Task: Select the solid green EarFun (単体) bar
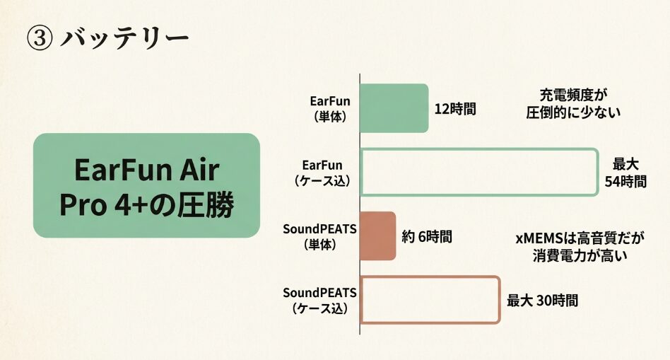[x=394, y=108]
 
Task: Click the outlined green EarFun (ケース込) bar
[x=479, y=172]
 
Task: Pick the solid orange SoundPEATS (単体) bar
[x=377, y=236]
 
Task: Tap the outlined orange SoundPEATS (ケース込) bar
[x=430, y=300]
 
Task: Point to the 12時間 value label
[x=455, y=109]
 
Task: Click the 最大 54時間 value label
[x=625, y=173]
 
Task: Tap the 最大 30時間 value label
[x=542, y=300]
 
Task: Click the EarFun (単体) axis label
[x=330, y=108]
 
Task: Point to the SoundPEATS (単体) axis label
[x=319, y=236]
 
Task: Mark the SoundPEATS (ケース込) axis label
[x=319, y=299]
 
